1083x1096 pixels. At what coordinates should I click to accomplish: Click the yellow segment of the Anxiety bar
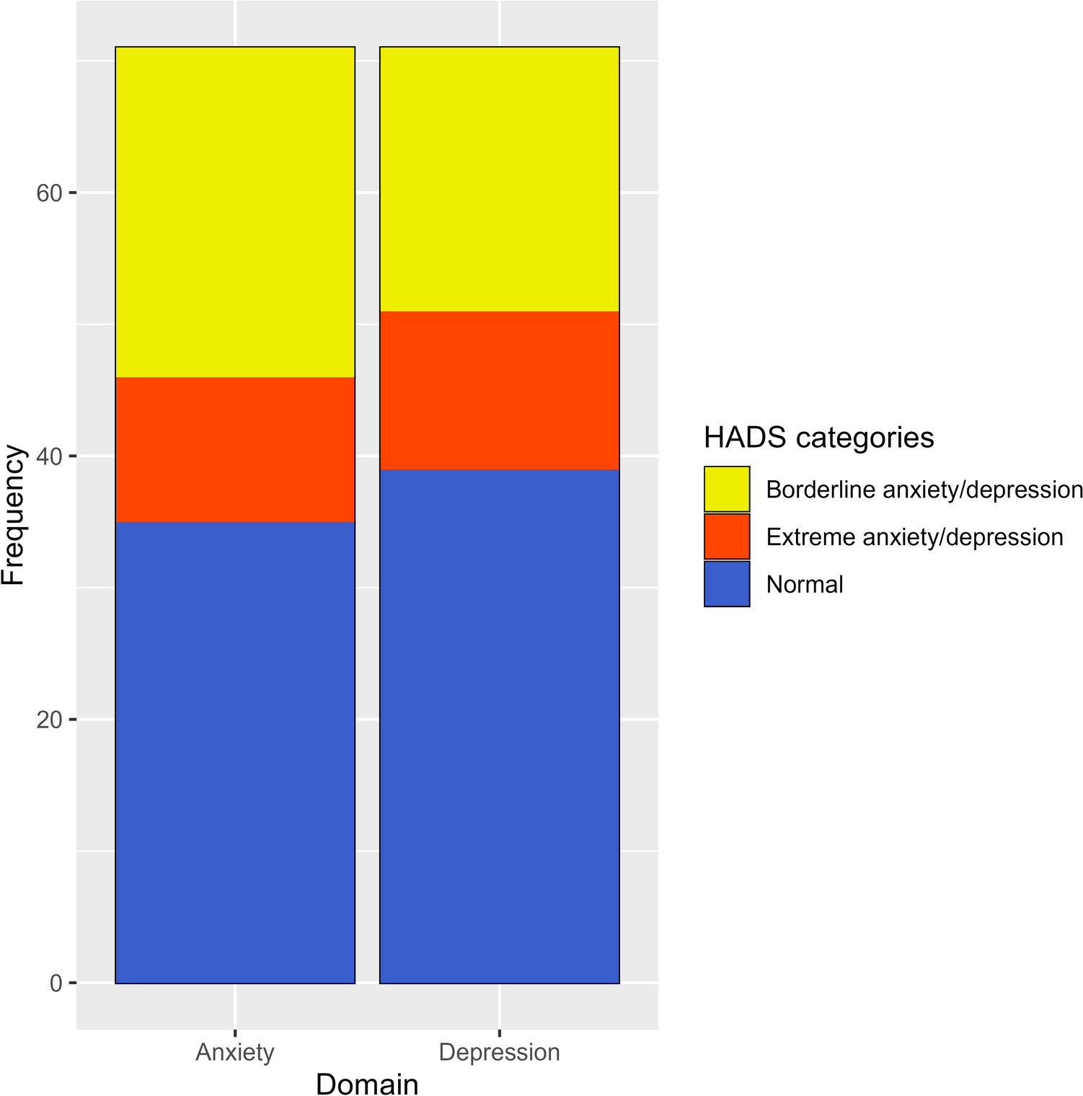pos(235,212)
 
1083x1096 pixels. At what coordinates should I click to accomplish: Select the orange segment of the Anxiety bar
pos(235,449)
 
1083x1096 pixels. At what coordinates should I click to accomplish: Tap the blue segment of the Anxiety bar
pos(235,752)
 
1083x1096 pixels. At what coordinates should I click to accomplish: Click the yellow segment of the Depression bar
pos(500,179)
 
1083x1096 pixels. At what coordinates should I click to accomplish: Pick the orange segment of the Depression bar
pos(500,390)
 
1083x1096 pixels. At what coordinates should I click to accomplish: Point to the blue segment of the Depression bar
pos(500,726)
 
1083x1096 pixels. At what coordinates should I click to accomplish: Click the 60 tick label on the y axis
pos(49,193)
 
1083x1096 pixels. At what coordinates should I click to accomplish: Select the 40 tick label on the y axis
pos(49,456)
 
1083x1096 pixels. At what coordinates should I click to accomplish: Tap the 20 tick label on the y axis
pos(49,720)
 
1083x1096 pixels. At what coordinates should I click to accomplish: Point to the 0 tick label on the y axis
pos(56,984)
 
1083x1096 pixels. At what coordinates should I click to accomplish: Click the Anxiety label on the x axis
pos(235,1052)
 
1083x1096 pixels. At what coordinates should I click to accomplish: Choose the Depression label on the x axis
pos(500,1052)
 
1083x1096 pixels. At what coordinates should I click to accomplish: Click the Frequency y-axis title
pos(14,515)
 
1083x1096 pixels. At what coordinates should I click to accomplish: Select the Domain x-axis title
pos(367,1084)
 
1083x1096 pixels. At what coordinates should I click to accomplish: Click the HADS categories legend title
pos(818,438)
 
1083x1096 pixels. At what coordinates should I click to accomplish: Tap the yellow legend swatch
pos(727,490)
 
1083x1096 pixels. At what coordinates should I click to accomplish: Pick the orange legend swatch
pos(727,536)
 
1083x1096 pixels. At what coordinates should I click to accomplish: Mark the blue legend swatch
pos(727,584)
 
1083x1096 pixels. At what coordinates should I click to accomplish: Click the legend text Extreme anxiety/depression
pos(914,537)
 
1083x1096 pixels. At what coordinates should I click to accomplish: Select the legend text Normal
pos(805,584)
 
